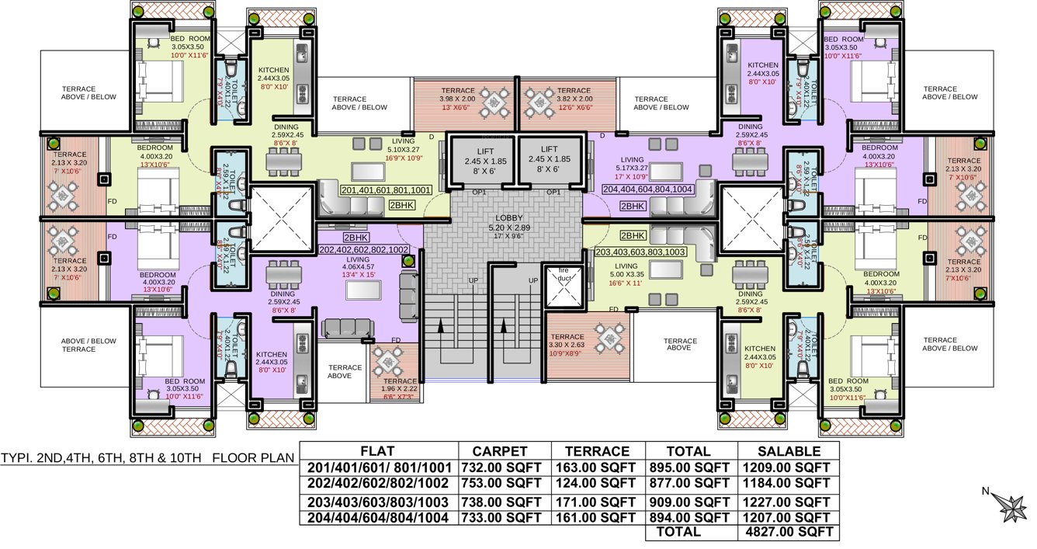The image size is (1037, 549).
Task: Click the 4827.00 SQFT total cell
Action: (789, 533)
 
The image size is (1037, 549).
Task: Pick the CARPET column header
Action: (505, 451)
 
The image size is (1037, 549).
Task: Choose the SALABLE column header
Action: (789, 451)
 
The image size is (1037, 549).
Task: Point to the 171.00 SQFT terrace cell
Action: (598, 501)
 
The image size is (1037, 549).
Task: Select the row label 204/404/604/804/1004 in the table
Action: (378, 516)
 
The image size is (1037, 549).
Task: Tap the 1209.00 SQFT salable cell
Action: (789, 467)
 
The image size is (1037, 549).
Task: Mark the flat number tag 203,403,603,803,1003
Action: (640, 252)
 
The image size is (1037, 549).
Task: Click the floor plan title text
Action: (148, 457)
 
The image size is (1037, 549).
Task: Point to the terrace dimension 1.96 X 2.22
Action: (400, 389)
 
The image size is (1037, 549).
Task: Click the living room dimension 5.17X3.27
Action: (630, 167)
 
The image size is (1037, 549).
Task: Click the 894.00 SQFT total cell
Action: (691, 516)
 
